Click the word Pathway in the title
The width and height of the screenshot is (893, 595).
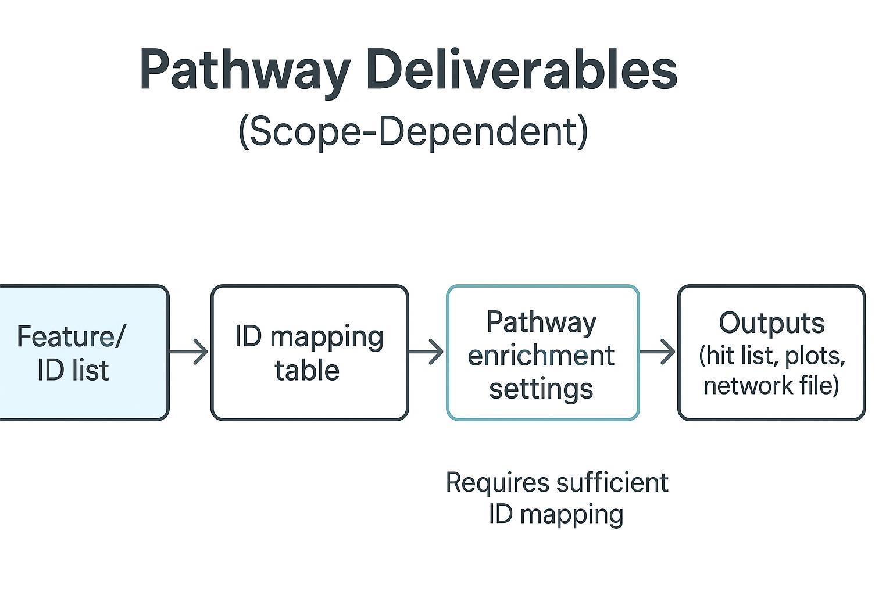click(244, 70)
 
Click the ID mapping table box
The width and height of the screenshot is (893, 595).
click(309, 352)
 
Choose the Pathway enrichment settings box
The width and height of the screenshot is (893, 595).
click(542, 352)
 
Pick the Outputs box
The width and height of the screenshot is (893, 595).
click(771, 352)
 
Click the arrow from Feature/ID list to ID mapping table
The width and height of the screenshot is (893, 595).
click(189, 352)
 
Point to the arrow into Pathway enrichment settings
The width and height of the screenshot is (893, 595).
click(426, 352)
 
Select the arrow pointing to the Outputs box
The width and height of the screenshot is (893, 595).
click(658, 352)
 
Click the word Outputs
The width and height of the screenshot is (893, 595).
click(771, 323)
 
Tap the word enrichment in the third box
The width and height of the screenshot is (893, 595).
click(541, 355)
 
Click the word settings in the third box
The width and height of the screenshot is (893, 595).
click(541, 388)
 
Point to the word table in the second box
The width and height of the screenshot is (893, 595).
click(307, 370)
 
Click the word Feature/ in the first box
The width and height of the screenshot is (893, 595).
click(70, 336)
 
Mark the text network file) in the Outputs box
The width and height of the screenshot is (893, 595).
click(771, 385)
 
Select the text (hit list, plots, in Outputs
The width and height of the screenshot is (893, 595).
click(771, 355)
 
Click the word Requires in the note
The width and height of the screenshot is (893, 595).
click(497, 482)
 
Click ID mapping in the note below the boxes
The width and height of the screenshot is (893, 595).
click(556, 514)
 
